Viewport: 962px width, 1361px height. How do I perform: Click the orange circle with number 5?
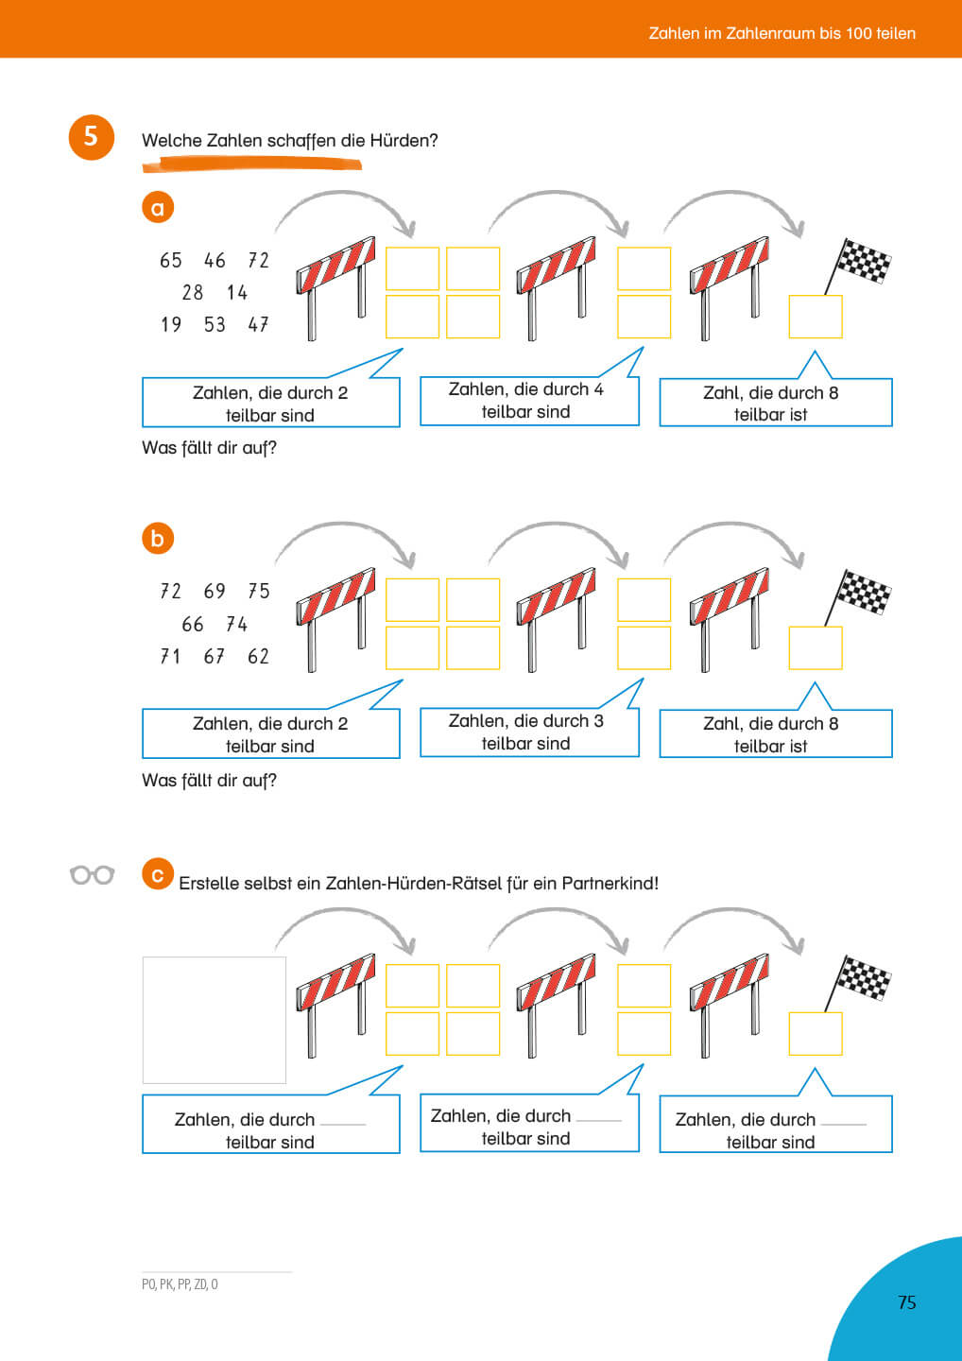click(91, 137)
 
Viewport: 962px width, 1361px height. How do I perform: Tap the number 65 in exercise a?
click(171, 261)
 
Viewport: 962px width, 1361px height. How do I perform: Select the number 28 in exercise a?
click(193, 293)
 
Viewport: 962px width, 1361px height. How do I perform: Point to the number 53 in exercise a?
click(215, 325)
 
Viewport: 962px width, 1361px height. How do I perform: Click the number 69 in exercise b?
click(215, 592)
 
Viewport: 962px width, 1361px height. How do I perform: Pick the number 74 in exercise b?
click(236, 625)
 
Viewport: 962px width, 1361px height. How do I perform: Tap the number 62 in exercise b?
click(258, 657)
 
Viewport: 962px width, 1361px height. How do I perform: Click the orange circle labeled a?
click(158, 208)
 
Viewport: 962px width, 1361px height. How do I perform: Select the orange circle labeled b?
click(158, 539)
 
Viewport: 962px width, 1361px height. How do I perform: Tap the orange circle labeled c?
click(158, 875)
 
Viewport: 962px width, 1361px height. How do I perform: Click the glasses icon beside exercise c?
click(93, 875)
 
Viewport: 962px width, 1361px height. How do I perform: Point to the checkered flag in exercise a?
click(860, 263)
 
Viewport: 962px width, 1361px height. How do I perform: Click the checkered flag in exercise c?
click(860, 979)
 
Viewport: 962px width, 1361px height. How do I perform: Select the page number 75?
click(907, 1302)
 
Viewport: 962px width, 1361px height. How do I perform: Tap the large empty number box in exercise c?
click(214, 1020)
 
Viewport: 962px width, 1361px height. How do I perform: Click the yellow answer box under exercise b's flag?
click(815, 648)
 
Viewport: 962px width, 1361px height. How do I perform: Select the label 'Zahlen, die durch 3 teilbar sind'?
click(526, 732)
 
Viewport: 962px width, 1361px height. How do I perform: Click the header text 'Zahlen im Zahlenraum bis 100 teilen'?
click(782, 33)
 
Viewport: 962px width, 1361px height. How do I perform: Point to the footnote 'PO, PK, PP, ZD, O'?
click(180, 1284)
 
